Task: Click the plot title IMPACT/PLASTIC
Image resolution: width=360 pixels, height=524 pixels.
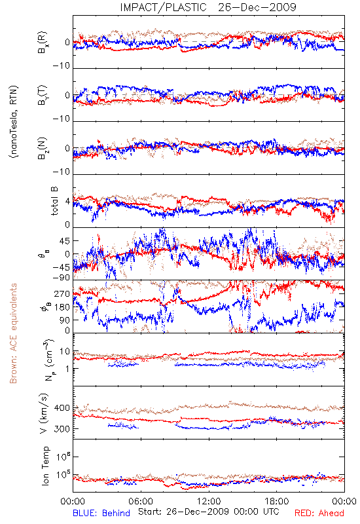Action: (x=163, y=7)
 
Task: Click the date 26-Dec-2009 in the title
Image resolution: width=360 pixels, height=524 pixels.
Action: (x=257, y=7)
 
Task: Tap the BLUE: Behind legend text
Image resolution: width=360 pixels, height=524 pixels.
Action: (x=101, y=513)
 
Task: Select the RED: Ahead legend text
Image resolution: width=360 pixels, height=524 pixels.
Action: (x=319, y=513)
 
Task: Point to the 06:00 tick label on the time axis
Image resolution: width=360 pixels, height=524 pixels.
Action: (x=141, y=501)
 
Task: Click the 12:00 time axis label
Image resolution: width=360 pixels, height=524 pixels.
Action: (x=209, y=501)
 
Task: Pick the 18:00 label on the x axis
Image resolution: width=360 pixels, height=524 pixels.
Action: (x=277, y=501)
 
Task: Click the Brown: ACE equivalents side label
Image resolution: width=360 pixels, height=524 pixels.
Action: (x=13, y=333)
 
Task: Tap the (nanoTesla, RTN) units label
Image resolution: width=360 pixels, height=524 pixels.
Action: (x=14, y=122)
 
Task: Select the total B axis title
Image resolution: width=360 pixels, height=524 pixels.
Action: (x=54, y=201)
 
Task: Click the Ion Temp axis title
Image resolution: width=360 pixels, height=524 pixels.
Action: (x=46, y=466)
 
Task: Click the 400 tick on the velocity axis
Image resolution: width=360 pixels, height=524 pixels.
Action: (x=62, y=408)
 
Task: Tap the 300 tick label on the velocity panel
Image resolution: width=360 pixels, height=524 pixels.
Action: (x=62, y=429)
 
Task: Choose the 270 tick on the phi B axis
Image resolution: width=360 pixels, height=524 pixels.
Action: (x=62, y=293)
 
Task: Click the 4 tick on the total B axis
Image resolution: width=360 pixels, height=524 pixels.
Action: (x=68, y=202)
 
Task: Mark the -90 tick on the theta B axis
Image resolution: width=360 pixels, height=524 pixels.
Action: (x=61, y=277)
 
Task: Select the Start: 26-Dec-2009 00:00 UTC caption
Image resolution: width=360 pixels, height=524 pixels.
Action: (x=209, y=512)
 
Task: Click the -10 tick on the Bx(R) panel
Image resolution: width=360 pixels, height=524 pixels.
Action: (x=61, y=66)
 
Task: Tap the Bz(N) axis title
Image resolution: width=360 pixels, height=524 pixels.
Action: (x=43, y=148)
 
